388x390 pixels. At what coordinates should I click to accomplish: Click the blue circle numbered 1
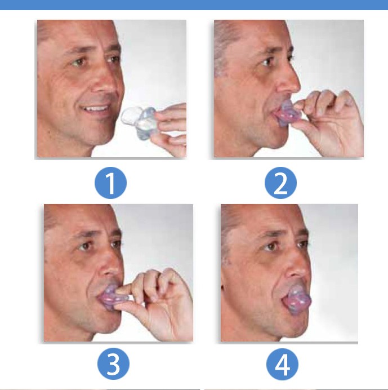click(110, 183)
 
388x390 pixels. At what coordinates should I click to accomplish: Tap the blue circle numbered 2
click(280, 183)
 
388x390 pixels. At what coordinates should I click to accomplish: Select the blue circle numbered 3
click(113, 364)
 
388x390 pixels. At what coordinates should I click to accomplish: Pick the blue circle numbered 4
click(282, 364)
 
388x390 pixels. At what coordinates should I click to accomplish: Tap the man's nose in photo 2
click(288, 79)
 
